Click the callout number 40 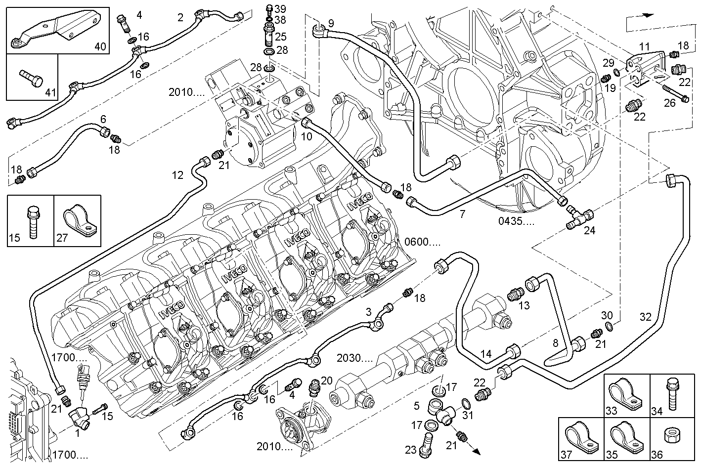coord(100,47)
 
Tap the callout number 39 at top coord(280,9)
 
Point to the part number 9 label coord(331,23)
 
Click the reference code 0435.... coord(516,221)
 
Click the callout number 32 coord(645,317)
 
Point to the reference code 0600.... coord(422,243)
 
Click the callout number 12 coord(178,175)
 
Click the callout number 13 coord(524,305)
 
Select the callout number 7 coord(462,214)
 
